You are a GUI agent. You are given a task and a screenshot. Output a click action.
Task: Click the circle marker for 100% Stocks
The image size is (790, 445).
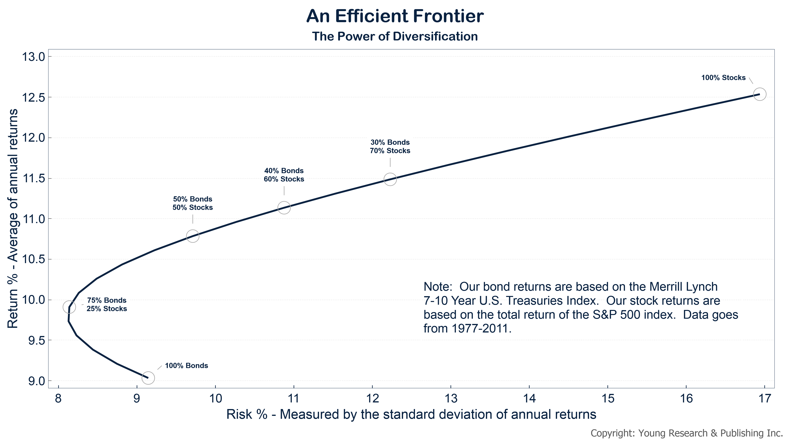(760, 94)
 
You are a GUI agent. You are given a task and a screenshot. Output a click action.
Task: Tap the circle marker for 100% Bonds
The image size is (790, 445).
(148, 378)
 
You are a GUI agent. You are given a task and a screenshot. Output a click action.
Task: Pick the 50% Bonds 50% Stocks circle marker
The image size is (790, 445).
(193, 236)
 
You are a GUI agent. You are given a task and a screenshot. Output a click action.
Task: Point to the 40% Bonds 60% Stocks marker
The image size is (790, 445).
(284, 208)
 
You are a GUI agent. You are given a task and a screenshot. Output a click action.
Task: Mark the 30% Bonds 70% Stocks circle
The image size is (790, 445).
(390, 179)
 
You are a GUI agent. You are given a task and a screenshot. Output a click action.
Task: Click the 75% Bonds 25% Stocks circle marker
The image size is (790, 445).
(69, 307)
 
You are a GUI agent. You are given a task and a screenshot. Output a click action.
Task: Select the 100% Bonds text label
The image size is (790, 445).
(186, 366)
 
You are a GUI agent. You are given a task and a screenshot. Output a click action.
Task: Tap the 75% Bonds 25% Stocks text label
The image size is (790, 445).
(106, 305)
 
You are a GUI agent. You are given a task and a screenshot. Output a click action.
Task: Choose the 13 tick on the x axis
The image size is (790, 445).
(451, 398)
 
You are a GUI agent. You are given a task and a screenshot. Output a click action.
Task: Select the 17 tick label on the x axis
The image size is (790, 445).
(765, 398)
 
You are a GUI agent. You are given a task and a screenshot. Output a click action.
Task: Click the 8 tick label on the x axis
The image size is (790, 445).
(58, 398)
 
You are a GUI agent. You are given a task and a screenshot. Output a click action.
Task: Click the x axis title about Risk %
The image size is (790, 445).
(411, 414)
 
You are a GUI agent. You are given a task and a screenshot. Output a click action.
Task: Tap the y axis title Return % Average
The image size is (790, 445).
(13, 219)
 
